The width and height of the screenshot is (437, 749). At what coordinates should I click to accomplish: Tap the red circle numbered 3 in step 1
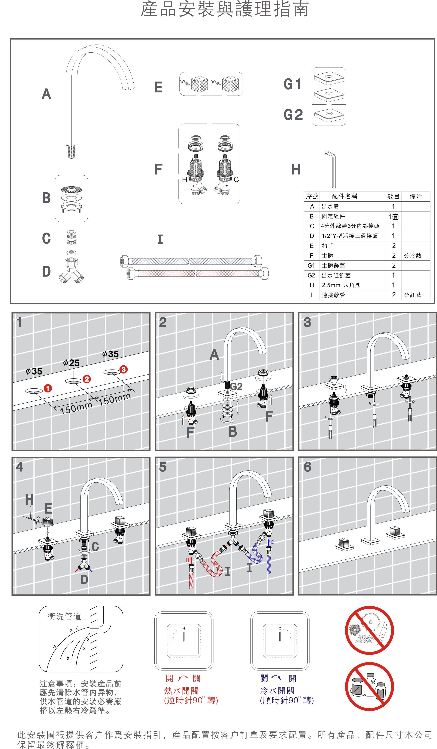coord(123,370)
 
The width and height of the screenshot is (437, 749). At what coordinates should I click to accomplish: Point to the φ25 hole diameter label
coord(71,363)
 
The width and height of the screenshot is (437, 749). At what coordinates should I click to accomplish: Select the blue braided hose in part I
coord(191,261)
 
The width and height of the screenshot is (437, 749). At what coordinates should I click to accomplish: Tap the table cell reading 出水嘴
coord(330,206)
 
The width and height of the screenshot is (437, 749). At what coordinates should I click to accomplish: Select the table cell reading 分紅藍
coord(413,295)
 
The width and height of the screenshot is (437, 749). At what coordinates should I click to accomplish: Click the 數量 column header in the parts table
coord(393,197)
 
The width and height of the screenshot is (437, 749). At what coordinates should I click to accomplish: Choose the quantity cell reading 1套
coord(393,216)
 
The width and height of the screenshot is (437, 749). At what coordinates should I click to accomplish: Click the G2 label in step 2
coord(236,386)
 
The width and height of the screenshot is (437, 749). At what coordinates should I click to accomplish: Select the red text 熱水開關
coord(181,691)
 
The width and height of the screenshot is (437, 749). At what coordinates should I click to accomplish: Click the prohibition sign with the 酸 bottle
coord(369,687)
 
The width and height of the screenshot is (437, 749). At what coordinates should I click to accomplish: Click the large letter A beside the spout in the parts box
coord(46,94)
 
